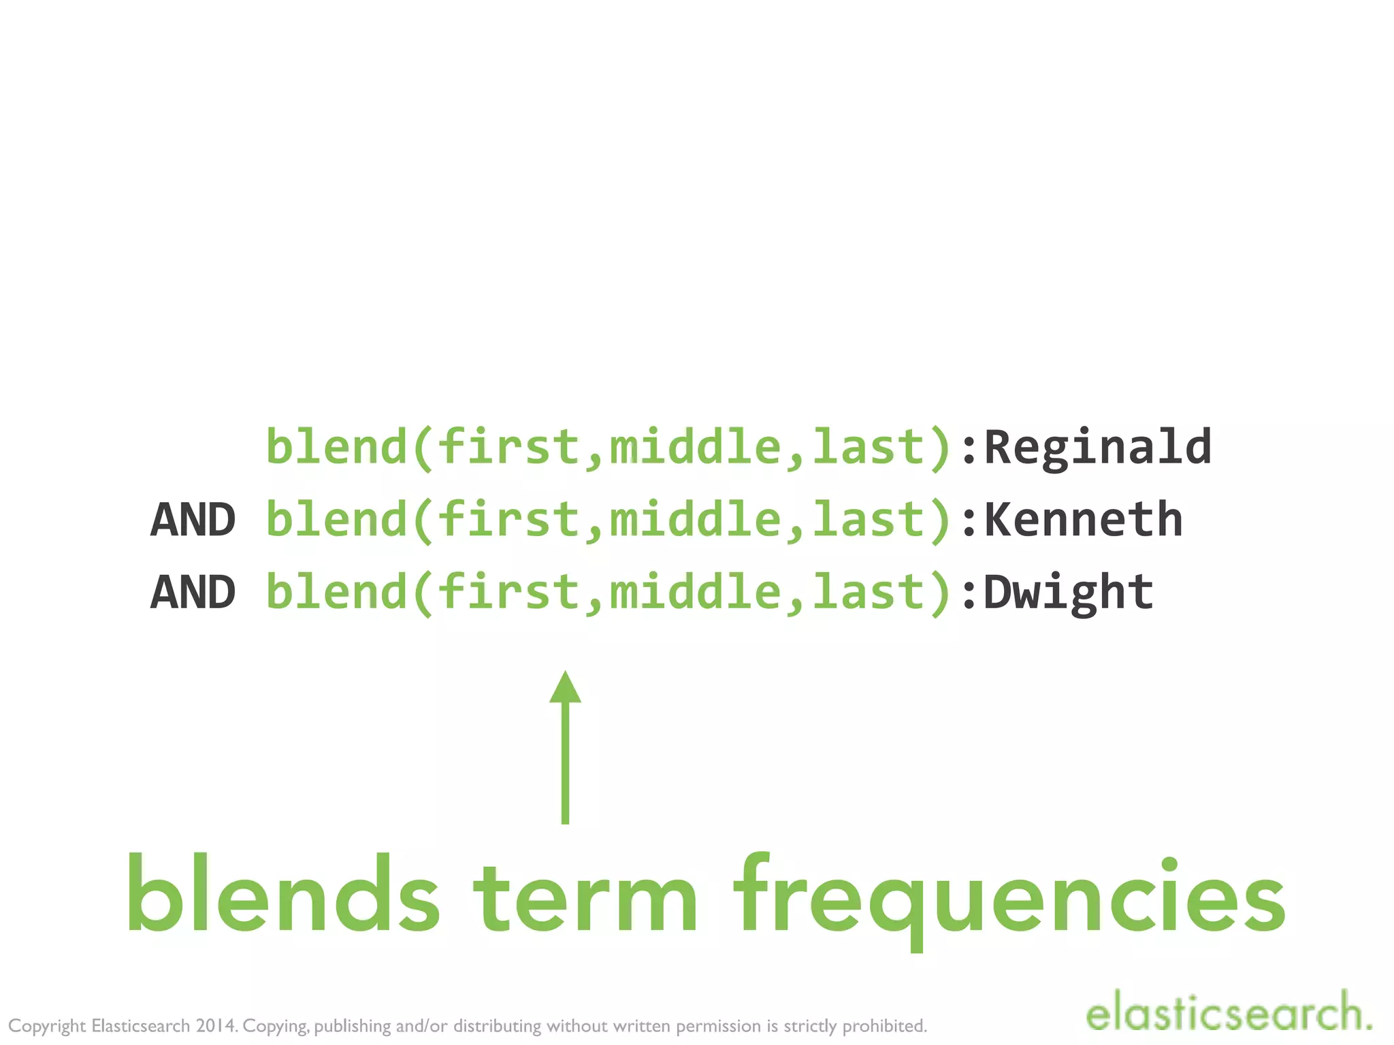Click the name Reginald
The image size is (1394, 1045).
[x=1097, y=448]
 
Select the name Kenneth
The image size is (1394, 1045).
[x=1083, y=520]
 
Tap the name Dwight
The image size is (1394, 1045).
[x=1069, y=592]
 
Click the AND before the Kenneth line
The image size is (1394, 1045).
[x=193, y=520]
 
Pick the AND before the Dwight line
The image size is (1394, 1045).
[x=193, y=592]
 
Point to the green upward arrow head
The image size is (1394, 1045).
[x=565, y=687]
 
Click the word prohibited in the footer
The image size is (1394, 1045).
[x=884, y=1025]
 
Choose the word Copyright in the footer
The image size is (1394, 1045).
[x=47, y=1026]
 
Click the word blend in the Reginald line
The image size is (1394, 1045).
[x=336, y=448]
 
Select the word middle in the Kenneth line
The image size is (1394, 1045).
[x=694, y=520]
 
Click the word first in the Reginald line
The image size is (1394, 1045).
[x=508, y=448]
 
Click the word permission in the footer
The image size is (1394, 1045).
[x=718, y=1026]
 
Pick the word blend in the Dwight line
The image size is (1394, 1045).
[x=336, y=592]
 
